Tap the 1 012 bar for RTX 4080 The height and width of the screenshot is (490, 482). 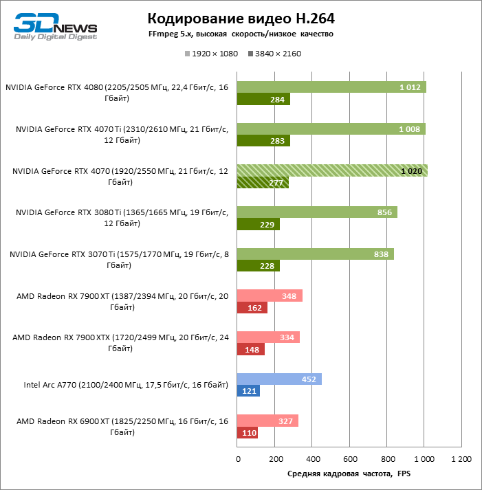(x=331, y=87)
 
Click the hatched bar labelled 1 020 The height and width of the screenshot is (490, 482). (x=332, y=170)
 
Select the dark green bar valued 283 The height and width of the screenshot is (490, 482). (x=263, y=141)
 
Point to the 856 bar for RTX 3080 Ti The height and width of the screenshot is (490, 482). (x=317, y=212)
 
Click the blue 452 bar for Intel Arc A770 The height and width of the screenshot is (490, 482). (x=279, y=379)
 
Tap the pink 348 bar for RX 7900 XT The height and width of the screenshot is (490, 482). (x=270, y=296)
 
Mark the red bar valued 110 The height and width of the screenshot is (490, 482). (x=248, y=434)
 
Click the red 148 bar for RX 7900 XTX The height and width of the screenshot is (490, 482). (x=251, y=350)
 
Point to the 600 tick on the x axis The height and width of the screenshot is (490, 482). (x=349, y=458)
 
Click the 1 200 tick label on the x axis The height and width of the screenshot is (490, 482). (x=461, y=458)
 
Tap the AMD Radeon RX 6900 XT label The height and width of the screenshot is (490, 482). (x=120, y=427)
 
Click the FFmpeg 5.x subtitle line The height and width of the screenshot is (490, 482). (x=241, y=34)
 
